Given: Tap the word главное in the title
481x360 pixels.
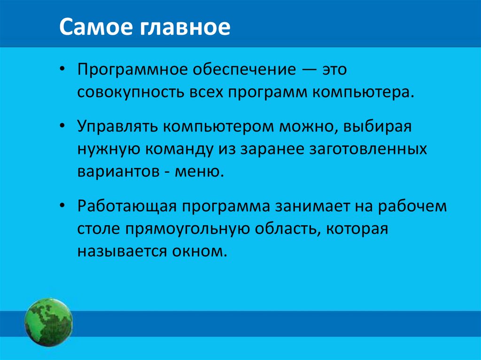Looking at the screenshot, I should coord(179,28).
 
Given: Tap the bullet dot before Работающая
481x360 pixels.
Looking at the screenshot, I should coord(63,207).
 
